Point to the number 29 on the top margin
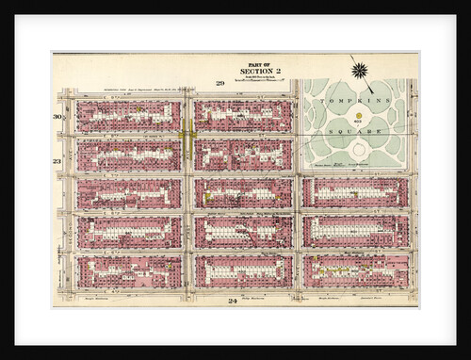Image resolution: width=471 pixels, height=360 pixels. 219,84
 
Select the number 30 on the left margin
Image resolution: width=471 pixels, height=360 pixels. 57,116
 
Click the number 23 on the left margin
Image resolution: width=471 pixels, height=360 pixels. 57,162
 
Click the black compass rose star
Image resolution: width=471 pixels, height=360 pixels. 360,69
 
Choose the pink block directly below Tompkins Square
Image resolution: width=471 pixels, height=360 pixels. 355,192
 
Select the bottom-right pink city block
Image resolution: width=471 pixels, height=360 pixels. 355,270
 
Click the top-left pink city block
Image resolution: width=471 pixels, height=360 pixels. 128,116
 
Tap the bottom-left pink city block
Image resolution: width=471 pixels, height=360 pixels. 128,270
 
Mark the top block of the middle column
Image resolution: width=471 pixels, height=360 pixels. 243,116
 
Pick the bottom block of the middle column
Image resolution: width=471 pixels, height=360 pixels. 243,270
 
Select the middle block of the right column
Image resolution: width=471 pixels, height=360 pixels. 355,231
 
